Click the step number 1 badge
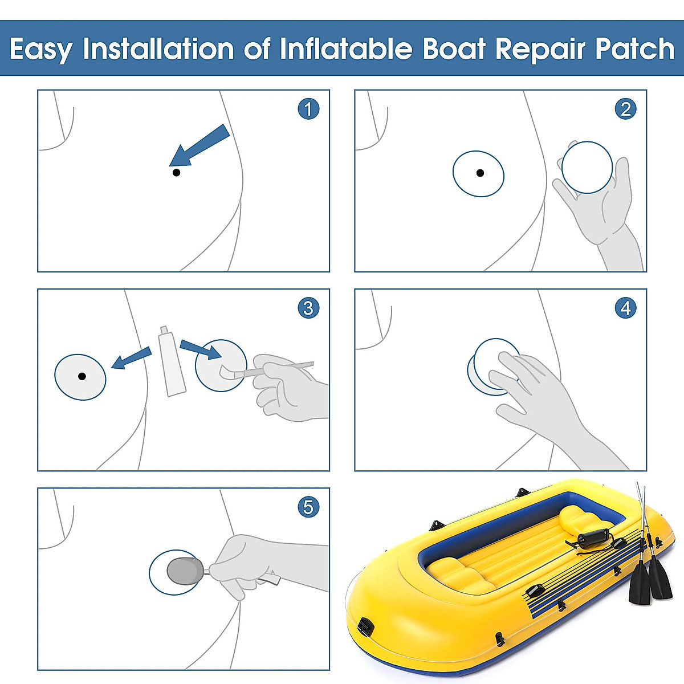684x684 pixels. pyautogui.click(x=308, y=108)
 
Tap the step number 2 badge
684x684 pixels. pyautogui.click(x=625, y=108)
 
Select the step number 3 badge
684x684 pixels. pyautogui.click(x=308, y=308)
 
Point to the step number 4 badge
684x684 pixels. pyautogui.click(x=625, y=308)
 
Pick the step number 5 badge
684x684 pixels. pyautogui.click(x=308, y=507)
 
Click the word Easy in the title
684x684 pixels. pyautogui.click(x=40, y=50)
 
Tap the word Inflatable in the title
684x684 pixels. pyautogui.click(x=345, y=49)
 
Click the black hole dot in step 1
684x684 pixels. pyautogui.click(x=176, y=172)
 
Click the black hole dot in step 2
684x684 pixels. pyautogui.click(x=480, y=173)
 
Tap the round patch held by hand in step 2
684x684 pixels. pyautogui.click(x=587, y=168)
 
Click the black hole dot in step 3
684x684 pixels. pyautogui.click(x=82, y=376)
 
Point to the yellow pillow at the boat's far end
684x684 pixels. pyautogui.click(x=578, y=519)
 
